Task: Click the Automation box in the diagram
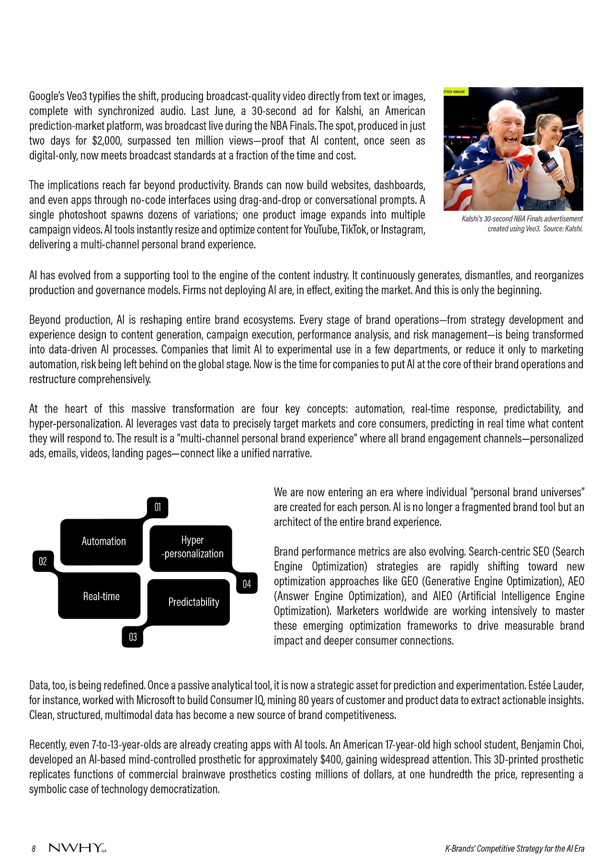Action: tap(103, 541)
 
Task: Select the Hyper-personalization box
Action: tap(192, 547)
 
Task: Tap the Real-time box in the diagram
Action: tap(101, 596)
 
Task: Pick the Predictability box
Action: tap(193, 602)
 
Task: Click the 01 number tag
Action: tap(158, 507)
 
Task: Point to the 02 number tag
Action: tap(43, 561)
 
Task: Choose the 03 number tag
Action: tap(133, 637)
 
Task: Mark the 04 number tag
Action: tap(247, 584)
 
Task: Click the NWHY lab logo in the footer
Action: tap(77, 848)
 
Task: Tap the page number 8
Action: tap(34, 849)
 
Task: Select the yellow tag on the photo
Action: tap(455, 91)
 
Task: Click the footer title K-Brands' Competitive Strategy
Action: tap(514, 848)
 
